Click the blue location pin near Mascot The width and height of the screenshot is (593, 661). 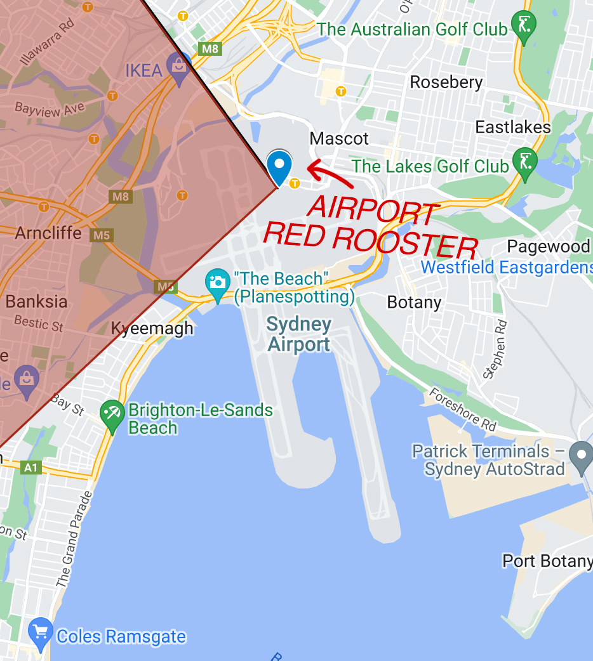tap(279, 166)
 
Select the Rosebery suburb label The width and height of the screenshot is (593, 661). tap(446, 82)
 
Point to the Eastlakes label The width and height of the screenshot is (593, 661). tap(513, 128)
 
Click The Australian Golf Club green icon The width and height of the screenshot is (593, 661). tap(524, 27)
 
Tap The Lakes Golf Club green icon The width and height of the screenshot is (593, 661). tap(524, 163)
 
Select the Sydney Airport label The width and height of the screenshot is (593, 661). tap(299, 334)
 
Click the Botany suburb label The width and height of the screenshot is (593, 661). tap(414, 302)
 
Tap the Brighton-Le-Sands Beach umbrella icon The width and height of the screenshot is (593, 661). tap(113, 416)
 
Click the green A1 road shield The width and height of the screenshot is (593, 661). tap(30, 468)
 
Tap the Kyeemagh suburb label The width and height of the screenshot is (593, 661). tap(152, 329)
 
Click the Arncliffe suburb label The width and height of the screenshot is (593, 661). tap(48, 233)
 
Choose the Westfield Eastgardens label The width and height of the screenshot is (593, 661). tap(507, 267)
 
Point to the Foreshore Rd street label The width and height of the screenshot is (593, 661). tap(463, 410)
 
